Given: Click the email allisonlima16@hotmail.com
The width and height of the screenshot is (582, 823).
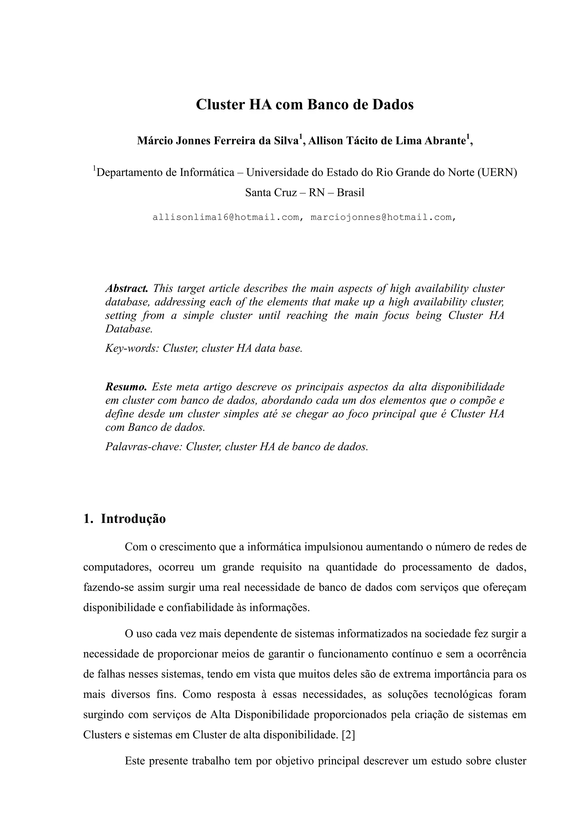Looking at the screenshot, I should [x=226, y=217].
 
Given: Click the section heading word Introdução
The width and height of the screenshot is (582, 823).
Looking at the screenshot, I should [x=133, y=519].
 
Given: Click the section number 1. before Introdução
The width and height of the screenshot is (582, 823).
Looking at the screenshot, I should [x=88, y=519].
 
